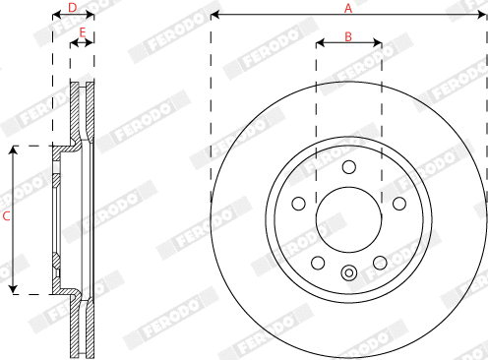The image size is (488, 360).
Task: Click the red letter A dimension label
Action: [347, 8]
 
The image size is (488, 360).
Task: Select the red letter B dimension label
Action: [347, 35]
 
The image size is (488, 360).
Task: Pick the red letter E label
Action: [83, 33]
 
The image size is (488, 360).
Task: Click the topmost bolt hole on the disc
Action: [348, 166]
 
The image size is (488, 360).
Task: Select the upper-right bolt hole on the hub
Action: [398, 203]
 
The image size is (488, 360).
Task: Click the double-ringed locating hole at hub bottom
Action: [348, 272]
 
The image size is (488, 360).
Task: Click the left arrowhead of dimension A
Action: [213, 16]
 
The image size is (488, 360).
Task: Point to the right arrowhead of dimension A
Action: [484, 16]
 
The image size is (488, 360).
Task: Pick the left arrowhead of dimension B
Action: [319, 43]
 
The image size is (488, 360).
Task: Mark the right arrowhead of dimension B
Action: [379, 43]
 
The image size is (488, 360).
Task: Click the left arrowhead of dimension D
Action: [54, 16]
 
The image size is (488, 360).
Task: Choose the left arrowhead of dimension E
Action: [72, 42]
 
